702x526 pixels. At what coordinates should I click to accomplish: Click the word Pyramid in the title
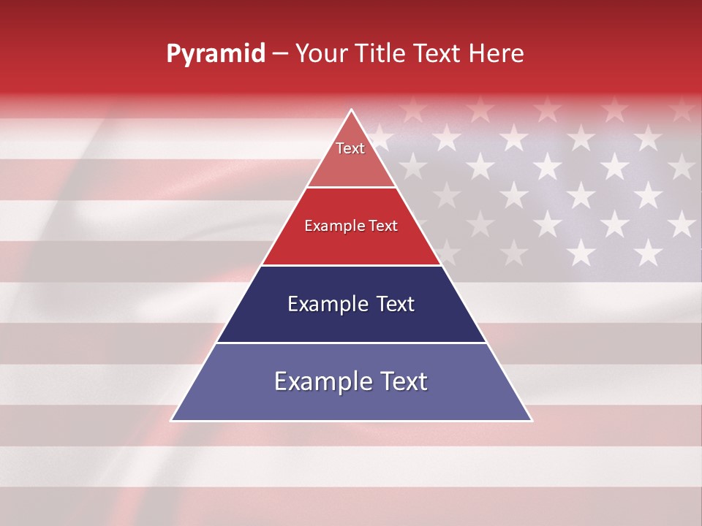tap(215, 54)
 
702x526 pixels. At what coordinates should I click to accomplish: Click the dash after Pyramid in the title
tap(280, 54)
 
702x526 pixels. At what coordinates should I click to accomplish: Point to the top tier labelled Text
tap(350, 157)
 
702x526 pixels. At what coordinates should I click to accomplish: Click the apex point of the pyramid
tap(352, 110)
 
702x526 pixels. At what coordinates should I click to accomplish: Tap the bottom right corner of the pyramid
tap(531, 420)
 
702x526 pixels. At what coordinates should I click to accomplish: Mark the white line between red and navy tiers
tap(351, 265)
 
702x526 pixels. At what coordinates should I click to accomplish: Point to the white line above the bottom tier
tap(351, 343)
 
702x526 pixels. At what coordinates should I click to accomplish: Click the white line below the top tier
tap(351, 188)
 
